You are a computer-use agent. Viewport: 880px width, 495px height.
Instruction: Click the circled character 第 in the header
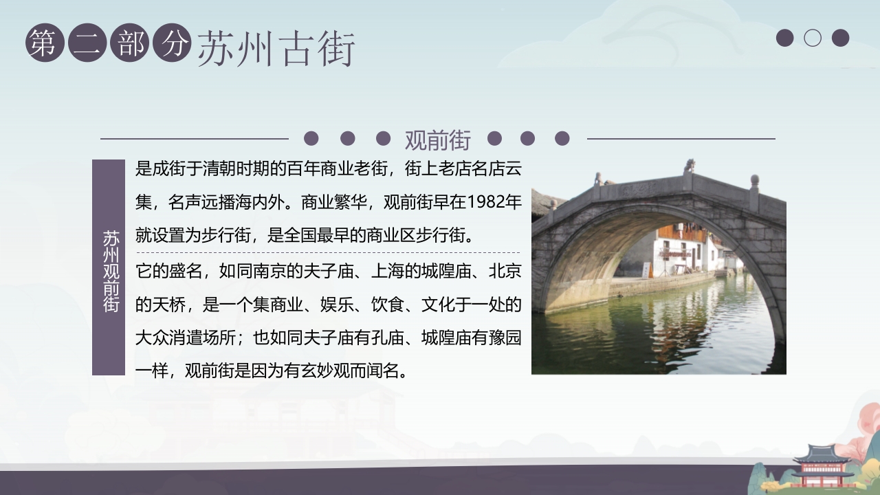pos(44,43)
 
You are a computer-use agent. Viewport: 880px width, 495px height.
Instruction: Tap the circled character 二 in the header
pos(87,43)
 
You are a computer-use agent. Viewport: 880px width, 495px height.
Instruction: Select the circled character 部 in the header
pos(129,43)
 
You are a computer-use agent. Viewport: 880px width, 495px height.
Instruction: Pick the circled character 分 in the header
pos(172,43)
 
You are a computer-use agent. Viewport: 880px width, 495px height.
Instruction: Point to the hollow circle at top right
pos(813,38)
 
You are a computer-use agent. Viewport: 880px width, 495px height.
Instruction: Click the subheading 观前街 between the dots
pos(438,140)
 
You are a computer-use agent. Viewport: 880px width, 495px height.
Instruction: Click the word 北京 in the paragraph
pos(505,271)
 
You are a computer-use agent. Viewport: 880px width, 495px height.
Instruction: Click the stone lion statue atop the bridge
pos(688,166)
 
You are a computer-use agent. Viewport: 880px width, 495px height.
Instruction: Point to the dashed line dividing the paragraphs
pos(328,253)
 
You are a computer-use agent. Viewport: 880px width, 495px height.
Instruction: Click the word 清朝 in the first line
pos(219,168)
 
